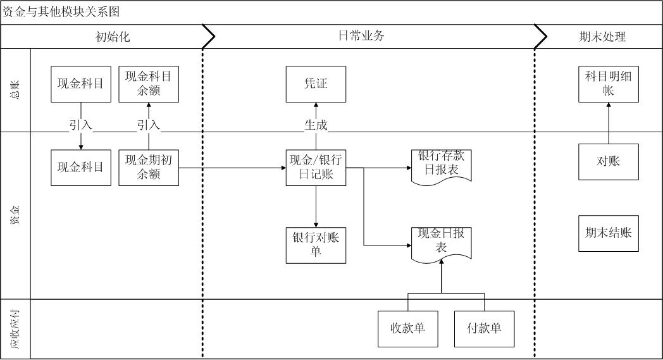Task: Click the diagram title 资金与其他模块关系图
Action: tap(61, 12)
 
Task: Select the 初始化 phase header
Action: tap(113, 37)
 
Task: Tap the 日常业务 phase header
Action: tap(361, 36)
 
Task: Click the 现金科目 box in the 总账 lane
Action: tap(80, 84)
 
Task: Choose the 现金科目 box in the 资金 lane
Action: tap(80, 168)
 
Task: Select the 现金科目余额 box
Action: tap(149, 84)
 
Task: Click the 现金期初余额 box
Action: tap(149, 168)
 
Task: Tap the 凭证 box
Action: tap(316, 84)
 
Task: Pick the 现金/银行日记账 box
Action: tap(316, 168)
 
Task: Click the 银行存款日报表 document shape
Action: tap(442, 166)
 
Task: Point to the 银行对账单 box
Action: tap(316, 245)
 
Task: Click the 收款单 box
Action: tap(407, 329)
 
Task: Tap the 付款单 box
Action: tap(484, 329)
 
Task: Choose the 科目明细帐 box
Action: tap(608, 84)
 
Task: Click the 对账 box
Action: tap(608, 161)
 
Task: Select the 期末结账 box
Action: tap(608, 233)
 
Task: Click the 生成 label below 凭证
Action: tap(316, 125)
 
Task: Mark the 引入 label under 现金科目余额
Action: tap(149, 125)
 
